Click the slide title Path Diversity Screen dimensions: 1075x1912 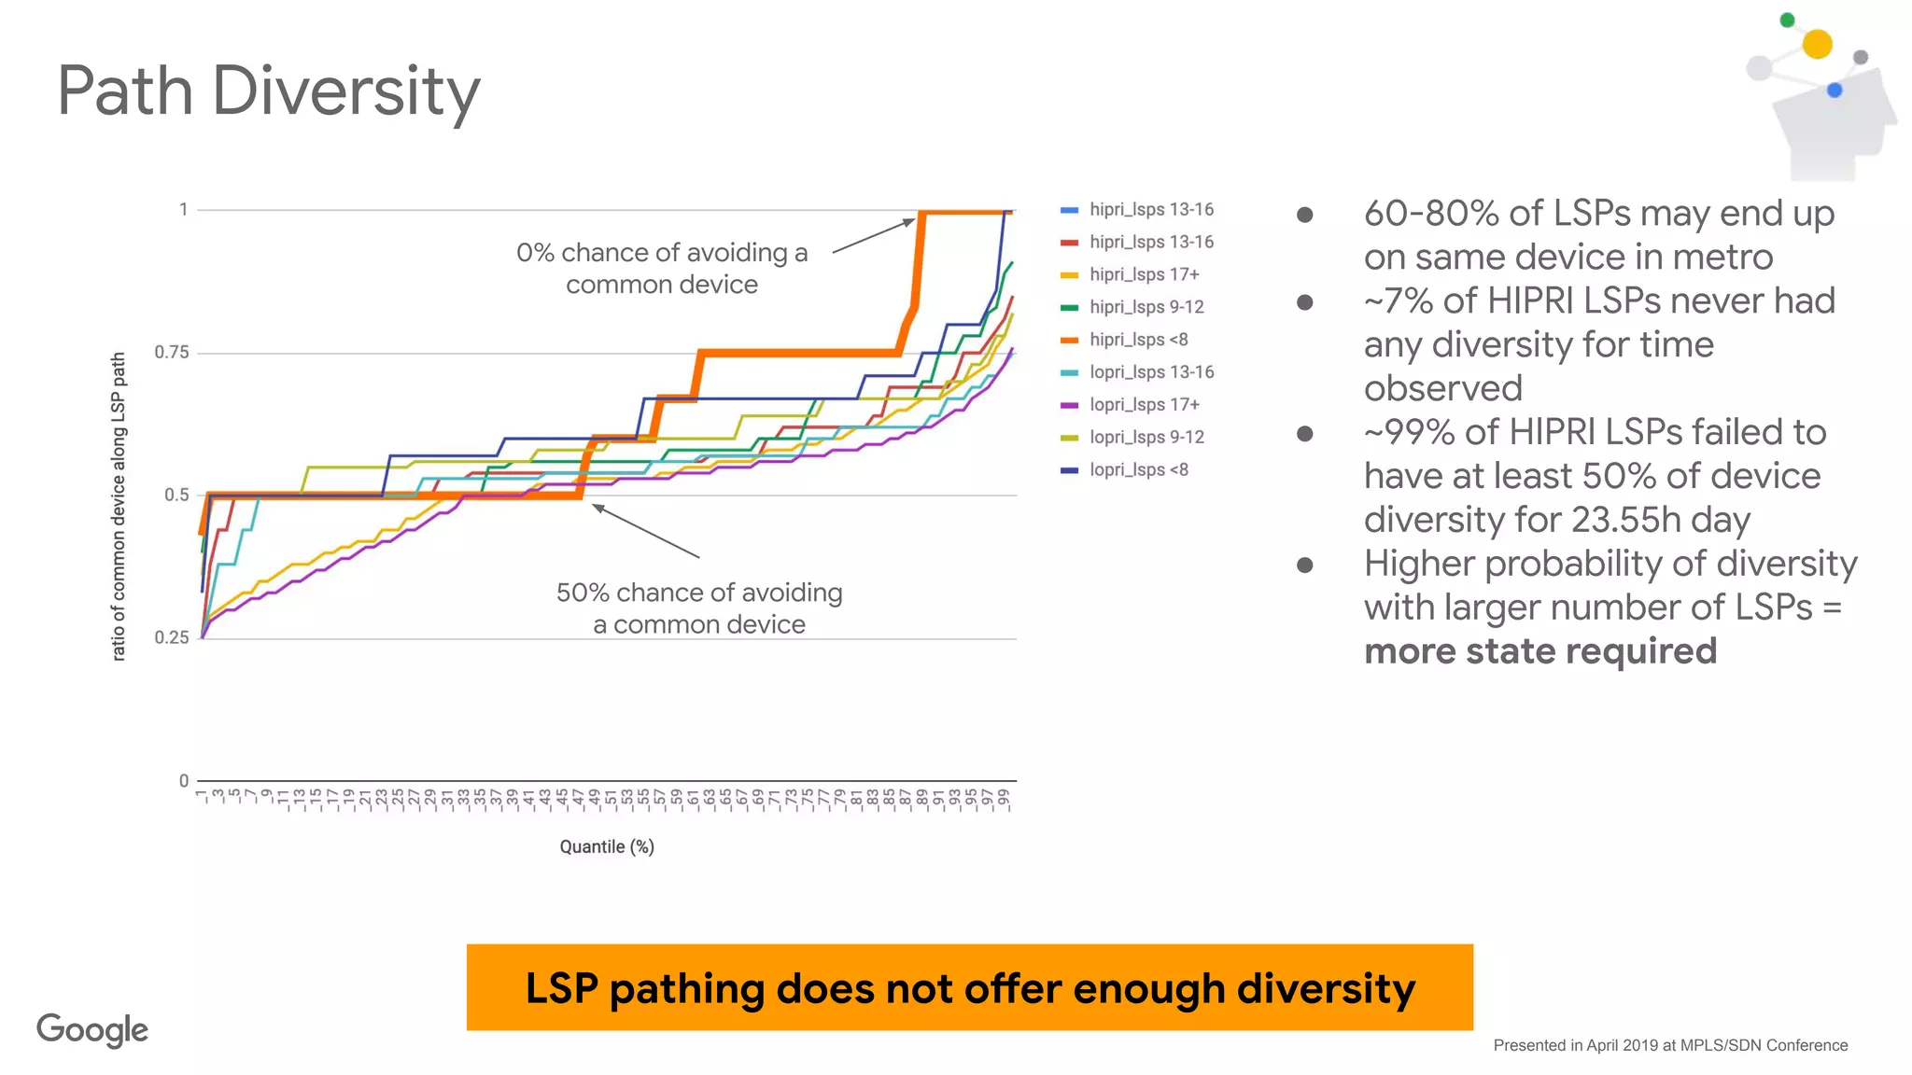point(269,91)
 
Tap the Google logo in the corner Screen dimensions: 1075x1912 point(92,1029)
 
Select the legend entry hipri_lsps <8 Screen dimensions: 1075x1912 point(1138,340)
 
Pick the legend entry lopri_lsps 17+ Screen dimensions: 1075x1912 point(1144,405)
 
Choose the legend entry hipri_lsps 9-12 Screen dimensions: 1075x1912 point(1146,307)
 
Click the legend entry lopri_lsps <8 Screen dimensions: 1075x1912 point(1138,470)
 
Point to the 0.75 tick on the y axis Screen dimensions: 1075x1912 point(172,353)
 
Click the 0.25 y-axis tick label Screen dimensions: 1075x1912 point(172,638)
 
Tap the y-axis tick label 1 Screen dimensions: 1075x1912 point(184,210)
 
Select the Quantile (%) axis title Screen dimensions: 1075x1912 point(607,846)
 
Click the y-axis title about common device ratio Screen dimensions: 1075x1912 point(119,507)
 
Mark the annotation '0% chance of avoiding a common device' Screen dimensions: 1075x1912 point(662,268)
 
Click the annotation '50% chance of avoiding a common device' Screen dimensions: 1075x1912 point(699,607)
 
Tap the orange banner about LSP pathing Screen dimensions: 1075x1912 point(969,987)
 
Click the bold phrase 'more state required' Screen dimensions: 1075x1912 point(1540,651)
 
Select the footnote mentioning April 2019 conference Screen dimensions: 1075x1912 point(1670,1045)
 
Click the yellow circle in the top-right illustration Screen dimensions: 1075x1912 point(1817,44)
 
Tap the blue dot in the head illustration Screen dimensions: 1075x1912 point(1835,91)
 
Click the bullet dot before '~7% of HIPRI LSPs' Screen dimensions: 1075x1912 point(1305,302)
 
